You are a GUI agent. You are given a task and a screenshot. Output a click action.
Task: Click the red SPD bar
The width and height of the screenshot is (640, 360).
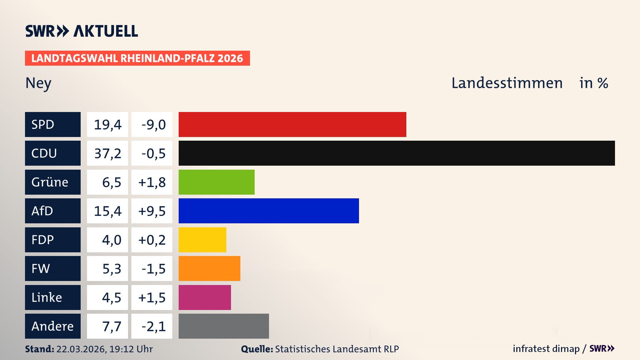[x=292, y=124]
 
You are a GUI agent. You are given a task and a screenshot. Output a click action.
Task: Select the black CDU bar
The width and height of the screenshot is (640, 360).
[x=397, y=153]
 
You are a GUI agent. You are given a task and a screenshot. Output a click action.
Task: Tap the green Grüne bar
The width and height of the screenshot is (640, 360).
[x=217, y=182]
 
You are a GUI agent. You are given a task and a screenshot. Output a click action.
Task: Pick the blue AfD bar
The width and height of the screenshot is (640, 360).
[x=269, y=211]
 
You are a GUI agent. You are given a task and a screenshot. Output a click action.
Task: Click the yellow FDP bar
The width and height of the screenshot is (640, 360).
[x=202, y=240]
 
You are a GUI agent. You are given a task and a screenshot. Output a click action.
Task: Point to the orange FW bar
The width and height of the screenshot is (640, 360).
[x=209, y=268]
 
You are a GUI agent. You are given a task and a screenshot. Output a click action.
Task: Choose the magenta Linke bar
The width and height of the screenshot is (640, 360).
[x=205, y=297]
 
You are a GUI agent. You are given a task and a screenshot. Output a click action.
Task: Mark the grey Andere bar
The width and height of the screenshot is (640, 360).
[x=224, y=326]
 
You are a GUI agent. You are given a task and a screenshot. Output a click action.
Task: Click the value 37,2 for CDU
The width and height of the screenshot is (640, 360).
[x=108, y=153]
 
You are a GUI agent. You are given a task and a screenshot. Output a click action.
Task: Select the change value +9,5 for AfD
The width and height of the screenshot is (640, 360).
[x=152, y=211]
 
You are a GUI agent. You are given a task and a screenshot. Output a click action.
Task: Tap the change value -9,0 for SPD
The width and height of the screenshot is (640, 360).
[x=153, y=125]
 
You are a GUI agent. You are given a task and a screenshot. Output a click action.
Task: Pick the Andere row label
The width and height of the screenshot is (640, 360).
[x=53, y=326]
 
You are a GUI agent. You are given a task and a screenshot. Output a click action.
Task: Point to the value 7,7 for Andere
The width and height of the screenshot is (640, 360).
[x=111, y=326]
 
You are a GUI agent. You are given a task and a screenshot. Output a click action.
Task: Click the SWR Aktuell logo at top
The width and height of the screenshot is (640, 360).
[x=82, y=31]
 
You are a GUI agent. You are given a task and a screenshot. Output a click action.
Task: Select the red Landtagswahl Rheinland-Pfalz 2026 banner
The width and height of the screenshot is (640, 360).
[x=137, y=58]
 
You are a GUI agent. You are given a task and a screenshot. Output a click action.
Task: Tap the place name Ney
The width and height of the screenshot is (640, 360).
[x=38, y=83]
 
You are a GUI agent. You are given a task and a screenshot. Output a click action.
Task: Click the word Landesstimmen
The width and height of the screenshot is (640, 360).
[x=507, y=83]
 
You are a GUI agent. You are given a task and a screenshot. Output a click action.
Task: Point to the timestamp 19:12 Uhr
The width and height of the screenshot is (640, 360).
[x=131, y=349]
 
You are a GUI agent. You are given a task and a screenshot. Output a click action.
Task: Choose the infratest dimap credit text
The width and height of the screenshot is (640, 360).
[x=546, y=349]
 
